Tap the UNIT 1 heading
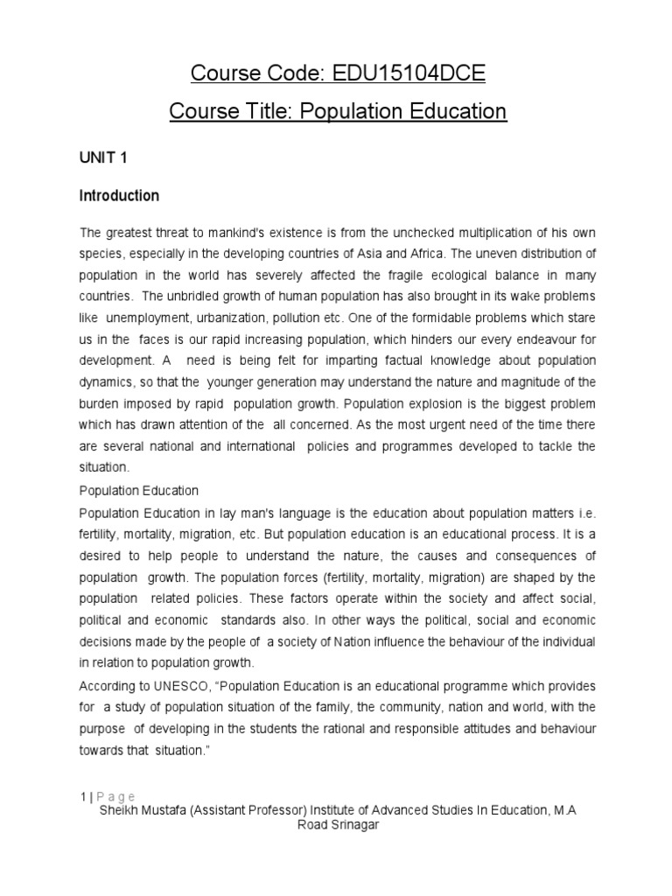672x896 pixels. [104, 157]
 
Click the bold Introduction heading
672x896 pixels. [119, 196]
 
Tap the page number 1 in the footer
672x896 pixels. [82, 796]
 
